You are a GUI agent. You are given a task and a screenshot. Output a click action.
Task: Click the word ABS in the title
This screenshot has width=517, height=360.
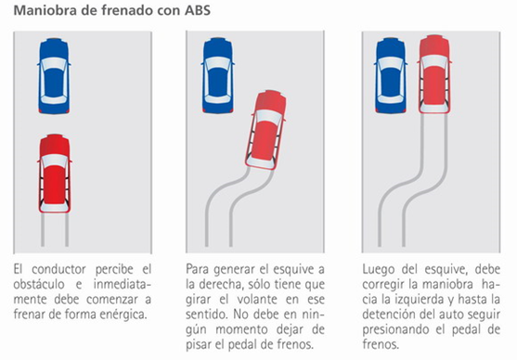pyautogui.click(x=197, y=10)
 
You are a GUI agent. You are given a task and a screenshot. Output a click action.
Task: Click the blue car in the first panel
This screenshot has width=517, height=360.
pyautogui.click(x=54, y=76)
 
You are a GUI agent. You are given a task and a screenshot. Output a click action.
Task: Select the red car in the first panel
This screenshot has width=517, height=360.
pyautogui.click(x=55, y=174)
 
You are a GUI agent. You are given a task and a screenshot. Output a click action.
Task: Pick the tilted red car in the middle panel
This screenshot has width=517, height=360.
pyautogui.click(x=265, y=130)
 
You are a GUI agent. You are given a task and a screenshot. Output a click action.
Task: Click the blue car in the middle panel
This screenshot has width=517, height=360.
pyautogui.click(x=217, y=76)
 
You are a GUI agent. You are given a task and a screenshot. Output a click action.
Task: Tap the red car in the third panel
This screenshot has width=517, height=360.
pyautogui.click(x=433, y=75)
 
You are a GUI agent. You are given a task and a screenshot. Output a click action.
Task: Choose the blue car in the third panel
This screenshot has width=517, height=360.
pyautogui.click(x=391, y=76)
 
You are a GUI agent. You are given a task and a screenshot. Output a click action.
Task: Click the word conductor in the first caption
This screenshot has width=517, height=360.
pyautogui.click(x=58, y=269)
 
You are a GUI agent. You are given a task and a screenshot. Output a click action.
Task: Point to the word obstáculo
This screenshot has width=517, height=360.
pyautogui.click(x=39, y=284)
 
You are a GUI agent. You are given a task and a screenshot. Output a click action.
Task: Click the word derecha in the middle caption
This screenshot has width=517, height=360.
pyautogui.click(x=221, y=284)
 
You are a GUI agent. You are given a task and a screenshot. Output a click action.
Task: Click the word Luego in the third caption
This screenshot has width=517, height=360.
pyautogui.click(x=379, y=269)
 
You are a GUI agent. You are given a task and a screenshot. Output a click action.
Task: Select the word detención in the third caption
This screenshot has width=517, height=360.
pyautogui.click(x=389, y=315)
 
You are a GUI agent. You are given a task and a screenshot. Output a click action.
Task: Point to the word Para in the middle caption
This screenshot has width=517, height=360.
pyautogui.click(x=198, y=269)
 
